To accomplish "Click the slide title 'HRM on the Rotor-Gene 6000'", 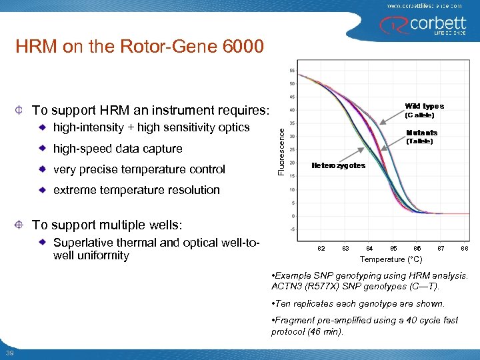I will click(x=140, y=47).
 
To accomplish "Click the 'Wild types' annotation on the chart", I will click(x=424, y=106).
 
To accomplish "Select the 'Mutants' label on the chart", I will click(x=423, y=133).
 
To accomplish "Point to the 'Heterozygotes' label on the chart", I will click(x=339, y=165).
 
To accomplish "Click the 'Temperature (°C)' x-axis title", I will click(x=391, y=259).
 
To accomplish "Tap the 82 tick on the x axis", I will click(x=321, y=249).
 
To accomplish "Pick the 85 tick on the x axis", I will click(x=393, y=249).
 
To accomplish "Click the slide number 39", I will click(x=9, y=353).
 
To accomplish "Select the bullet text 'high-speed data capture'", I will click(x=117, y=148).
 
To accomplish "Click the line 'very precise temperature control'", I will click(x=139, y=169).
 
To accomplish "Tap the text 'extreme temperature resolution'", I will click(x=136, y=190).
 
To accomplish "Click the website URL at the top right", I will click(x=424, y=5).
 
